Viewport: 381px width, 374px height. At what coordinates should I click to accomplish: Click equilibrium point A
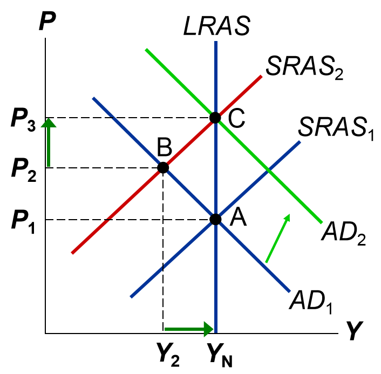pos(215,219)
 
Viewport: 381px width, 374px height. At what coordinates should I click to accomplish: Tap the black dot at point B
pos(163,168)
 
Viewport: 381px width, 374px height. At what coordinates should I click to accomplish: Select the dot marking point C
pos(215,117)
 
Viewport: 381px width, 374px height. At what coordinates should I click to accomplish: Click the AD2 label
pos(344,233)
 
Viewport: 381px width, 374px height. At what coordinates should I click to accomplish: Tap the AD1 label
pos(312,301)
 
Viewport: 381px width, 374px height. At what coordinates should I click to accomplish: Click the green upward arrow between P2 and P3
pos(49,142)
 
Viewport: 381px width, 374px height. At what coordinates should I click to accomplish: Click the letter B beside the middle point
pos(164,146)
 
